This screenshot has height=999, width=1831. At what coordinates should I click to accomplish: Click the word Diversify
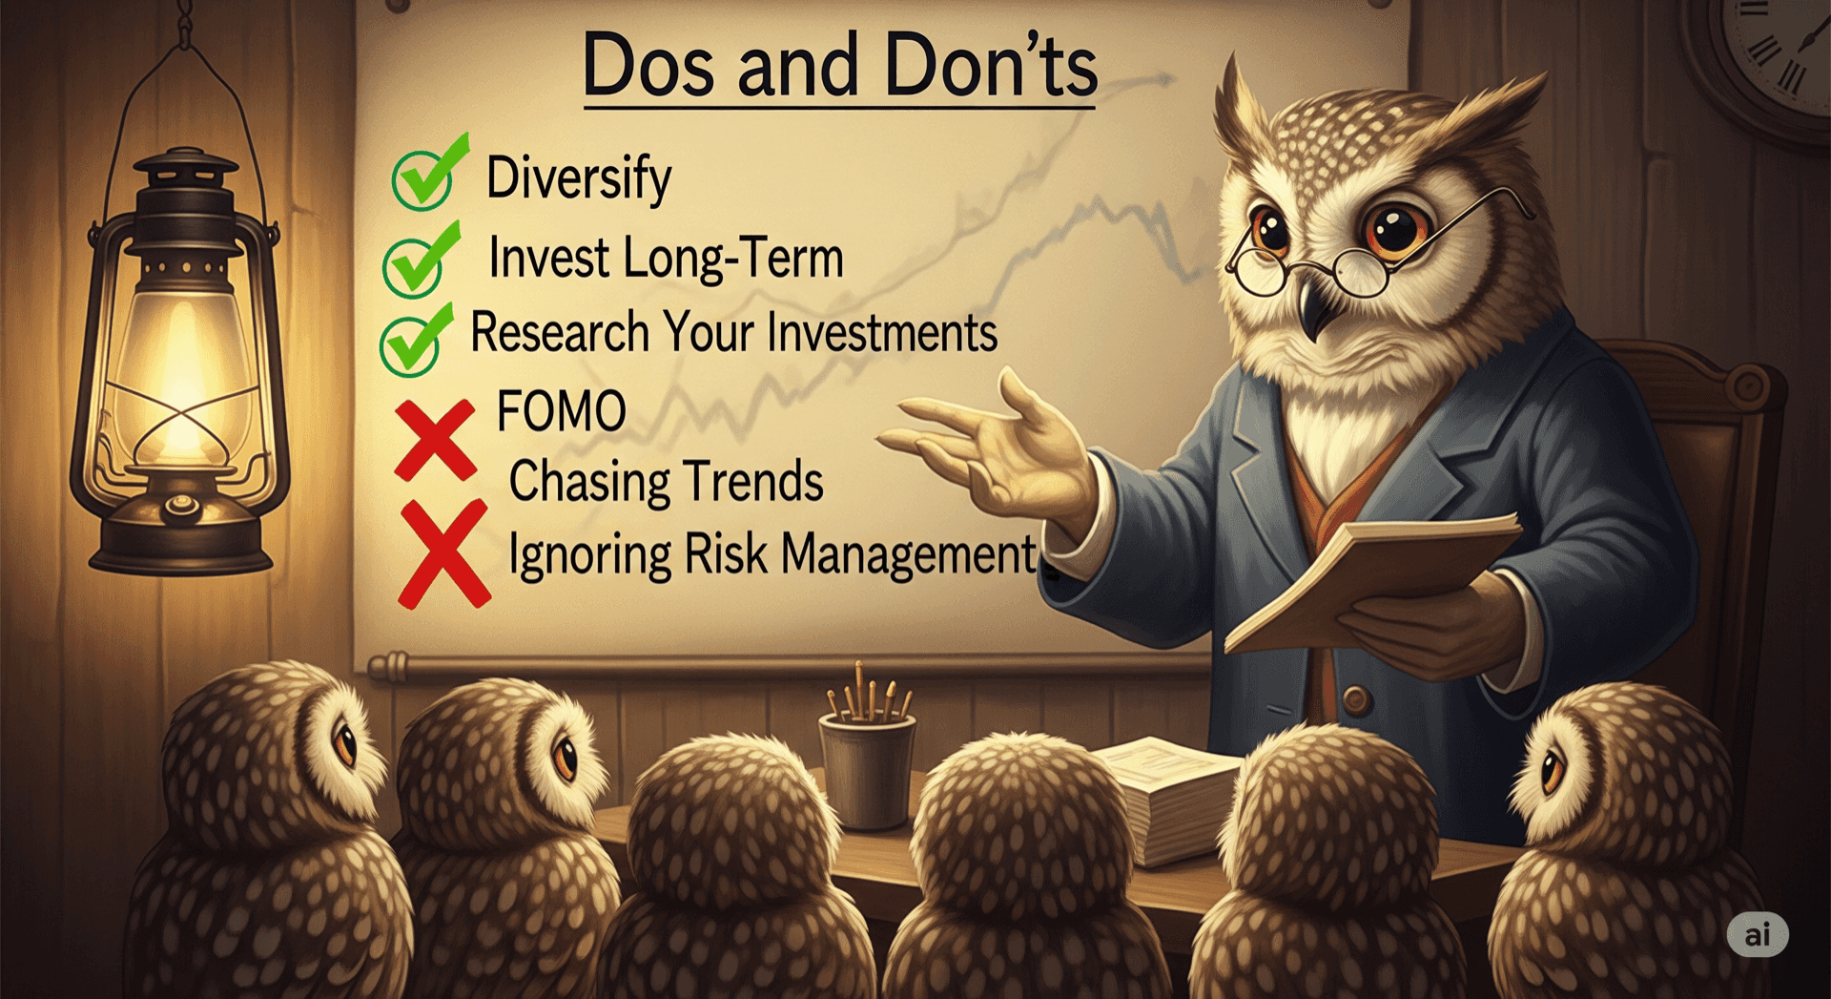[579, 178]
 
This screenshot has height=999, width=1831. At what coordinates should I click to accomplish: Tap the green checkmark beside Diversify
[428, 174]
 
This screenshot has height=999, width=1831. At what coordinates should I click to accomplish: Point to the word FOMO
[561, 411]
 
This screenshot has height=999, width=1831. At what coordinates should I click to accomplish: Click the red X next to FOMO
[435, 440]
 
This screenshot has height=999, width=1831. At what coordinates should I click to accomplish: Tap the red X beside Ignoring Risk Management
[443, 554]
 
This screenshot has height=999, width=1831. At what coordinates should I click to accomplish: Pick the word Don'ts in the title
[991, 65]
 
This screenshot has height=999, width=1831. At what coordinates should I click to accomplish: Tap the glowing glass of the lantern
[181, 372]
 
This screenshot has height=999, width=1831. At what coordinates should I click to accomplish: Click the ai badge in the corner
[1758, 934]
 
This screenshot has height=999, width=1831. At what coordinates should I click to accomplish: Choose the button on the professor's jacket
[1355, 701]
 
